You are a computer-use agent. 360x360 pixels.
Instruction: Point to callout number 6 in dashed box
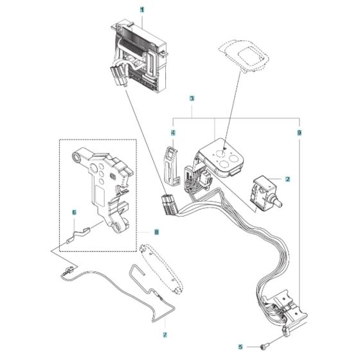click(x=74, y=212)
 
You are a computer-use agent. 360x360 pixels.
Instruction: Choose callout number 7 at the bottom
click(x=164, y=335)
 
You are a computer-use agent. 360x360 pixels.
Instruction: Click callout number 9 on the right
click(x=299, y=132)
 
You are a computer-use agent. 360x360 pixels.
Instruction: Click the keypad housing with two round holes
click(x=222, y=158)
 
